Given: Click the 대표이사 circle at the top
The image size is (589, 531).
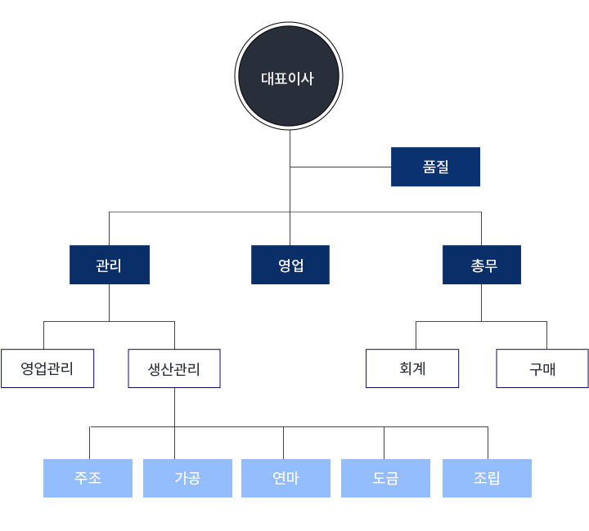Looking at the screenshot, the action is pos(289,76).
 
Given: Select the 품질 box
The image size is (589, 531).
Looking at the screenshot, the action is pos(435,167).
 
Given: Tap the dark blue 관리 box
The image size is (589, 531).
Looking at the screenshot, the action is pos(110,265).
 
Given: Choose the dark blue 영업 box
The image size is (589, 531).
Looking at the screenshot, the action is pos(290,265).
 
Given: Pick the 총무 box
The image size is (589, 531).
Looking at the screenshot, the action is pos(482,265).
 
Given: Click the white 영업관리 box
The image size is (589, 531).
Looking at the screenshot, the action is pos(47,368).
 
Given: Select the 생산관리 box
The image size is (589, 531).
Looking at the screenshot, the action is pos(174,368).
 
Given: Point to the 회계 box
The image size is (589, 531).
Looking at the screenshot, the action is pos(412,368).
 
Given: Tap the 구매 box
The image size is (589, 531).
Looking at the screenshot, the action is pos(542,368).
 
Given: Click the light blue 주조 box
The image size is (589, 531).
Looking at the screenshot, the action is pos(88,478).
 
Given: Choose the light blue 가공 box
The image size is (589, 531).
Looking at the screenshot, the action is pos(187,478).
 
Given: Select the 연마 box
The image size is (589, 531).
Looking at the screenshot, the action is pos(286,478).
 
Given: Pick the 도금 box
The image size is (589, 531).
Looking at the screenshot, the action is pos(385,478).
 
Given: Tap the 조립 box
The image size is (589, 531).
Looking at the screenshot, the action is pos(487,478).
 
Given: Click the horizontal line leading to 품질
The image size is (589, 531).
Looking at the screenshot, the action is pos(340,167).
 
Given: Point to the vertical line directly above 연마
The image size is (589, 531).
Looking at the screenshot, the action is pos(283,443).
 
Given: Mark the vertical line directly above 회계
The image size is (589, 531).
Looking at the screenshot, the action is pos(416,335).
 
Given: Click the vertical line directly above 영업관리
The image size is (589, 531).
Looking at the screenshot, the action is pos(43,335).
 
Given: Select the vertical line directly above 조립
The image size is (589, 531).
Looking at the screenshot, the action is pos(488,443).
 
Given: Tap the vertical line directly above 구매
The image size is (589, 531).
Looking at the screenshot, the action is pos(547,335).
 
